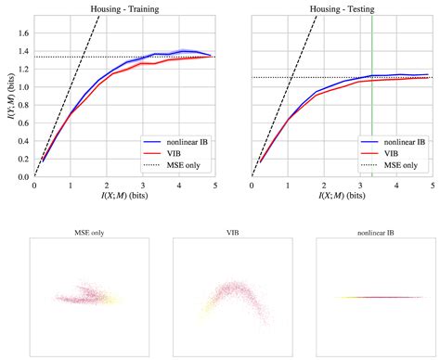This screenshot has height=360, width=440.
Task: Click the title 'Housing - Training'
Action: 124,8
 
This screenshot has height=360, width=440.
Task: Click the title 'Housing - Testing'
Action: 343,8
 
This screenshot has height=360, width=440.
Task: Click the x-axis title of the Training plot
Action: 124,197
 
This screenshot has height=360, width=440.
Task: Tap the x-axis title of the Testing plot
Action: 343,197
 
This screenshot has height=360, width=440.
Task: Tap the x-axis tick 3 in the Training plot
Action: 143,185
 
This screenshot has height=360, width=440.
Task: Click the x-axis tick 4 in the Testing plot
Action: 397,185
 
